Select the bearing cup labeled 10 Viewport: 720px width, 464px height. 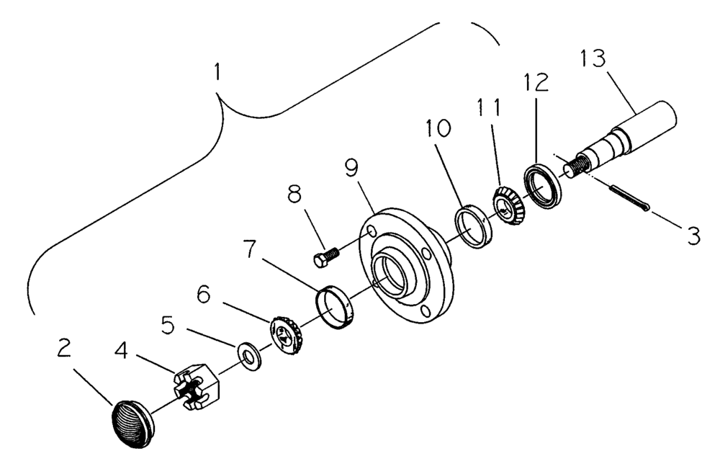click(472, 225)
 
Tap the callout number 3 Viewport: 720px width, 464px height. click(692, 237)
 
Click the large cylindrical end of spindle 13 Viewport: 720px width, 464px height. click(654, 122)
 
